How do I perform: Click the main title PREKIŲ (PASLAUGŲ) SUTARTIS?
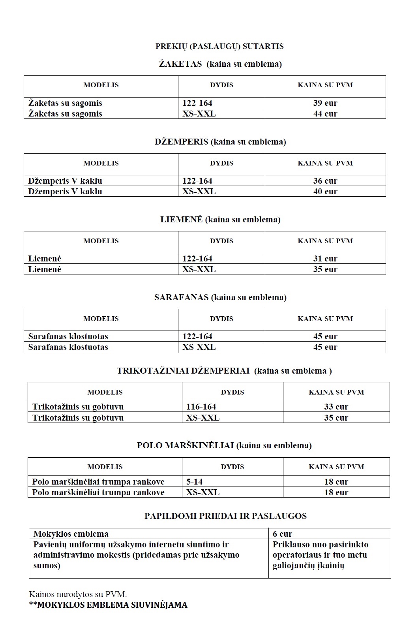tap(219, 46)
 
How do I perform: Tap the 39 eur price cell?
tap(325, 103)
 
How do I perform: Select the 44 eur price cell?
tap(325, 114)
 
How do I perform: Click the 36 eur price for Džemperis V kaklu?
tap(325, 181)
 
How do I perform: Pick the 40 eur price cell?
tap(325, 192)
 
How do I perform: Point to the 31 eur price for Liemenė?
tap(325, 259)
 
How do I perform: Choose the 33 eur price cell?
tap(336, 407)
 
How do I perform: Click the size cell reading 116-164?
tap(201, 407)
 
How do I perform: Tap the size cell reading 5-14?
tap(195, 482)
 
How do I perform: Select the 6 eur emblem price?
tap(283, 534)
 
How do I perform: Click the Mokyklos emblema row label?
tap(71, 534)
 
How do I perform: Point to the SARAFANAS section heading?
tap(220, 297)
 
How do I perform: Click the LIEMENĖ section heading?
tap(220, 220)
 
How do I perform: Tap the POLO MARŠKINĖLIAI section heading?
tap(224, 445)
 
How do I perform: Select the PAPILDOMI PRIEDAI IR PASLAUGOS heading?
tap(225, 516)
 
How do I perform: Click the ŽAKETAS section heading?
tap(220, 64)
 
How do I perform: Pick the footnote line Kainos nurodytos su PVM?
tap(78, 594)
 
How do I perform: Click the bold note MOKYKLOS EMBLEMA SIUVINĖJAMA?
tap(108, 605)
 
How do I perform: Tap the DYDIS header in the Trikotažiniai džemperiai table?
tap(232, 392)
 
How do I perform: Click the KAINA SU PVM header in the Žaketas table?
tap(325, 85)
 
